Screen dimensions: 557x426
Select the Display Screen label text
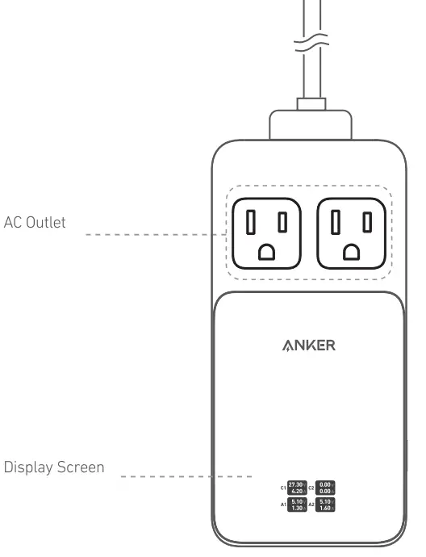tap(55, 467)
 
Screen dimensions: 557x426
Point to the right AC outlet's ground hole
tap(349, 252)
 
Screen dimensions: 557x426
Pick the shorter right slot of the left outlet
tap(282, 221)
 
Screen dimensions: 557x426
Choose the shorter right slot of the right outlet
tap(366, 221)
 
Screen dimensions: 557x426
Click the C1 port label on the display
tap(283, 488)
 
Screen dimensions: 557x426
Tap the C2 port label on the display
tap(311, 488)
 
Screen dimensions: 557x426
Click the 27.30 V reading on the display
tap(296, 484)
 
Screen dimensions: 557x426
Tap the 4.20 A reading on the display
tap(296, 491)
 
